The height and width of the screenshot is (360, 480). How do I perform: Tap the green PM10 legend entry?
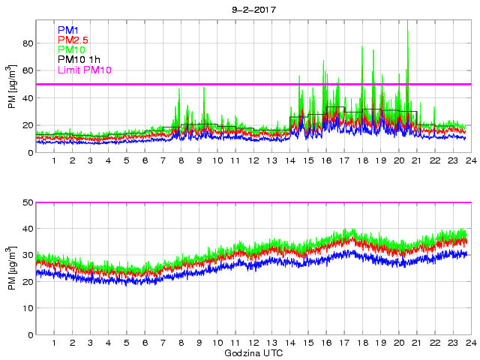coord(71,49)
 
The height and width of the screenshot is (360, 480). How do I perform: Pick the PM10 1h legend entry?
coord(80,60)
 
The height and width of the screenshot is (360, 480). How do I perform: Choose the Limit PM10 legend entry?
coord(84,70)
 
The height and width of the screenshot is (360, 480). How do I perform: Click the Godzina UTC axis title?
coord(253,352)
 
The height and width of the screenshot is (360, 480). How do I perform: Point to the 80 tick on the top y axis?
coord(27,43)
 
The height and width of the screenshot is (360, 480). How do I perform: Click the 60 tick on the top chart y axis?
coord(27,70)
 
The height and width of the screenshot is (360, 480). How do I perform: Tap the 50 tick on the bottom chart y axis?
coord(27,202)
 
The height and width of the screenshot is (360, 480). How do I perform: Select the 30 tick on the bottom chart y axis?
coord(27,255)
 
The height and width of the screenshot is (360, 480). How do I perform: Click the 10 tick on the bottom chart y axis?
coord(27,308)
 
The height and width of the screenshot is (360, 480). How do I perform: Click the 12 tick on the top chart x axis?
coord(253,161)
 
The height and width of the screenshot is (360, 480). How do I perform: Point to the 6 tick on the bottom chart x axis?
coord(145,343)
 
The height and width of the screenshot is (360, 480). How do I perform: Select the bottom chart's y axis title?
coord(10,268)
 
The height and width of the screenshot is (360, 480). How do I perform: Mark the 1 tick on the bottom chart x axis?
coord(54,343)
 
